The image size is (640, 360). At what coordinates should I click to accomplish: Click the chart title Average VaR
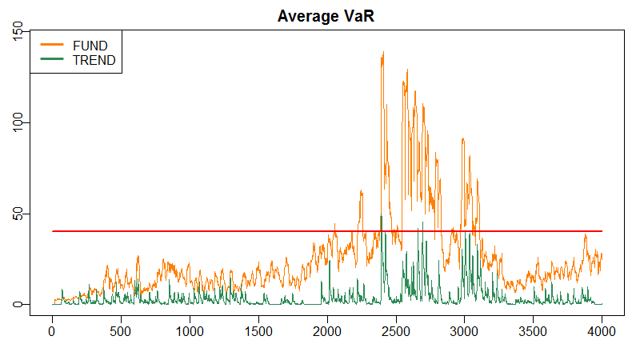(326, 16)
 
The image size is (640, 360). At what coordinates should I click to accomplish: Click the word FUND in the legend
(90, 46)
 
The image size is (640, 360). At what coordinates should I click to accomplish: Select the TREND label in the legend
(94, 61)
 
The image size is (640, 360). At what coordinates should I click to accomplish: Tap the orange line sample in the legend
(52, 44)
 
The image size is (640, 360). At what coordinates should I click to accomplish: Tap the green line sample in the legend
(52, 58)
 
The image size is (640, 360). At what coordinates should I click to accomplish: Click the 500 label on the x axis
(121, 331)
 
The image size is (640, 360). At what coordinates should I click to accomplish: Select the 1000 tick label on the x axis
(190, 331)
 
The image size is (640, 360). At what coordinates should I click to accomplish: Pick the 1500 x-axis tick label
(258, 331)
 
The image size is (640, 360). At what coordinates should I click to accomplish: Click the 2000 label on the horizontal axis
(327, 331)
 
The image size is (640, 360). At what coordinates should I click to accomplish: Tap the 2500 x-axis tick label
(396, 331)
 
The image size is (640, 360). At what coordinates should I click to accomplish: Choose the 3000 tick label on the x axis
(465, 331)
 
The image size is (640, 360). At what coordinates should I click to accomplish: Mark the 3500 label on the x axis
(533, 331)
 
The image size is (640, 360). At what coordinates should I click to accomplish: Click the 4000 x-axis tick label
(602, 331)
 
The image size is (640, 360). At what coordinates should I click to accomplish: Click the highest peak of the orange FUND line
(383, 52)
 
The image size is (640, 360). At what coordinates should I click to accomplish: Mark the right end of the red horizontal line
(602, 231)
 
